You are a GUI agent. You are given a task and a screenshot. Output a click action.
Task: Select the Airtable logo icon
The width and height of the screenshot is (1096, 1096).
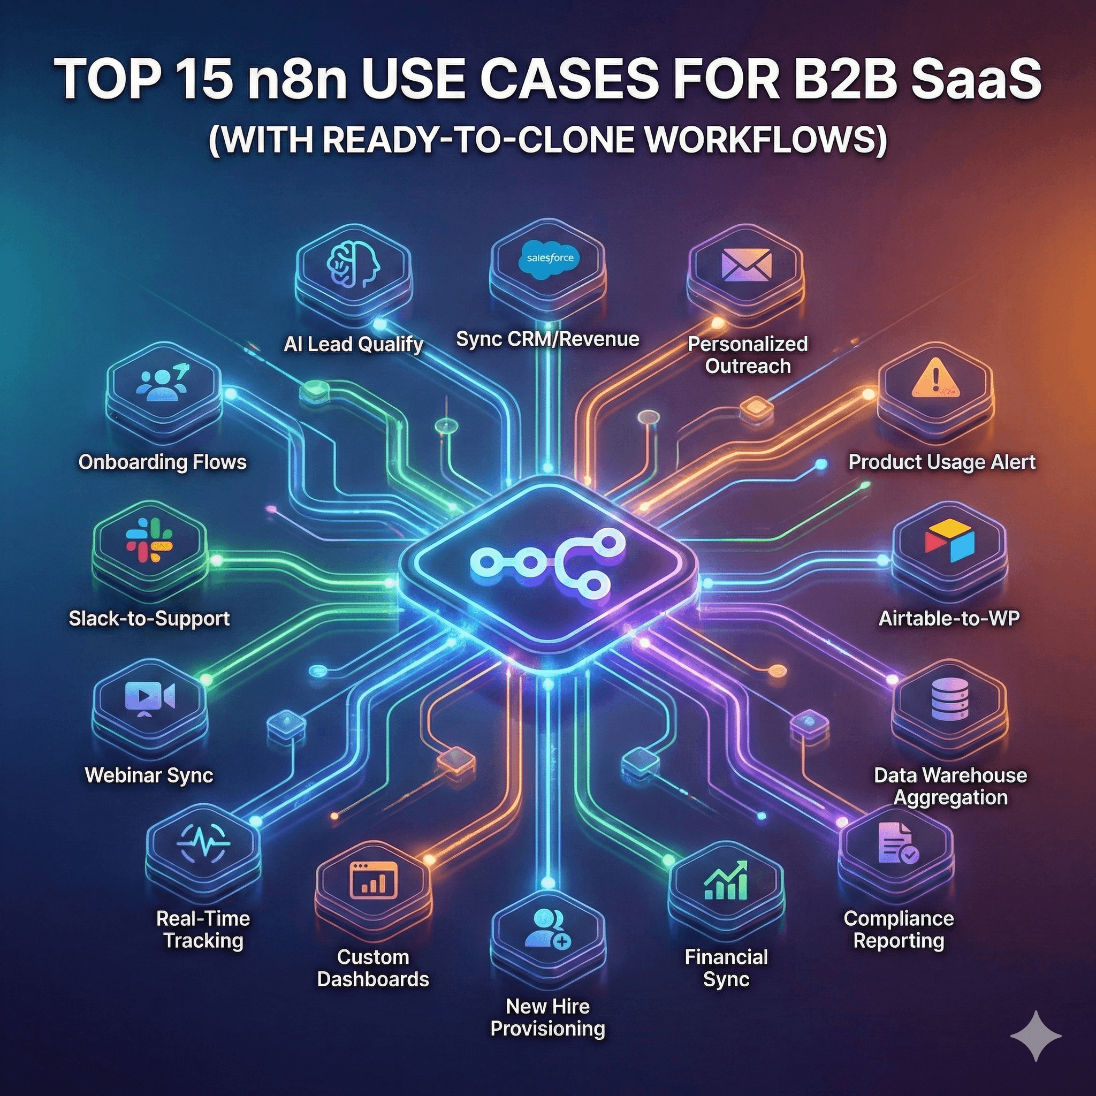point(949,539)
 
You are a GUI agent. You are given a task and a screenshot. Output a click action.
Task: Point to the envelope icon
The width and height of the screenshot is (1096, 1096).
point(746,264)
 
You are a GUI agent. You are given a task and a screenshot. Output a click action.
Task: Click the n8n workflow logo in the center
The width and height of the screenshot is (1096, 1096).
point(547,561)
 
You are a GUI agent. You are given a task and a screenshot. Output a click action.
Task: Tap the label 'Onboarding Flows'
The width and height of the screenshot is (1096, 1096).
point(162,462)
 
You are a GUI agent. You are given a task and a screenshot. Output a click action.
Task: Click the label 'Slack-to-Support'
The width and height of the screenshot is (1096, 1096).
point(149,618)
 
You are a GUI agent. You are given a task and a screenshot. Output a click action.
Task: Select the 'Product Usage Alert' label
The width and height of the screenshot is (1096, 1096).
point(942,462)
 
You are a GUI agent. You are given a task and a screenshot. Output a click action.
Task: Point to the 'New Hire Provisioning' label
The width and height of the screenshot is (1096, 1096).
point(547,1017)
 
